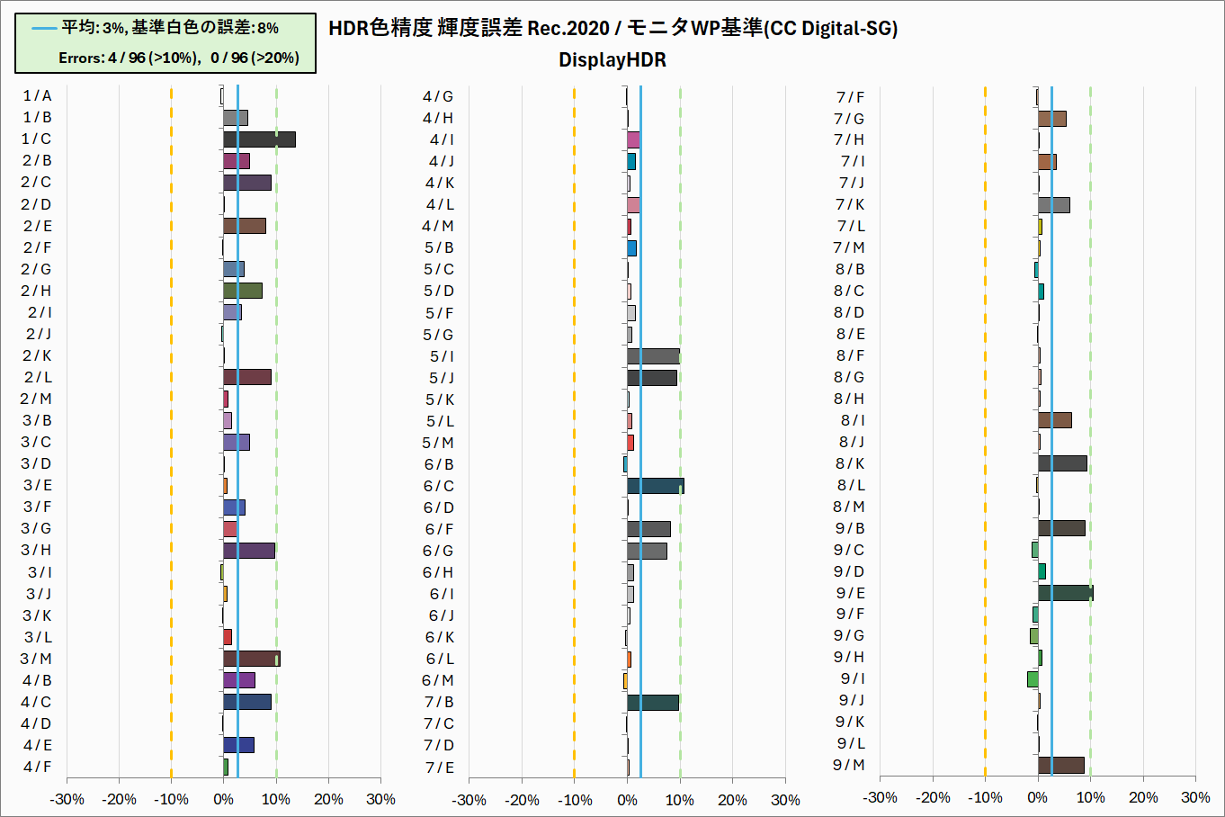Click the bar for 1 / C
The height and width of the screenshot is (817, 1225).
tap(259, 139)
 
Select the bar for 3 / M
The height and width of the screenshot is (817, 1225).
tap(252, 659)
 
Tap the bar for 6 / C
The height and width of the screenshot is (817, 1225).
tap(655, 486)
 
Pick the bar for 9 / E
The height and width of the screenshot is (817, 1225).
tap(1065, 593)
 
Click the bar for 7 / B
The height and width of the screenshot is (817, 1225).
tap(653, 702)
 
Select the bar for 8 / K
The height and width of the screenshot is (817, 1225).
tap(1062, 463)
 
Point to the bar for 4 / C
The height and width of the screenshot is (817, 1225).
tap(247, 702)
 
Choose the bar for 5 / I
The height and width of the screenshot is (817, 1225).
tap(653, 356)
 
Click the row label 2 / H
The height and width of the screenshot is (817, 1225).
tap(37, 291)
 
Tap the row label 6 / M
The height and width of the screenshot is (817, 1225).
tap(438, 680)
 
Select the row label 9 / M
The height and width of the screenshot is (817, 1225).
tap(848, 765)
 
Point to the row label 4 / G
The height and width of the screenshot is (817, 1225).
tap(438, 96)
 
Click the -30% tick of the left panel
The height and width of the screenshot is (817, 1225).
tap(67, 799)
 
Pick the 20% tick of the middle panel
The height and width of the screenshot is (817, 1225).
tap(732, 800)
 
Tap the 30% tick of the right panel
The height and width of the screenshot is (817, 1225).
tap(1194, 797)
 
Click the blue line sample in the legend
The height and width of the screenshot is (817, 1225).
tap(45, 28)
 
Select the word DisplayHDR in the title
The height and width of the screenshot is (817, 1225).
tap(612, 60)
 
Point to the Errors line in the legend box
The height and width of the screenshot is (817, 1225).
tap(178, 58)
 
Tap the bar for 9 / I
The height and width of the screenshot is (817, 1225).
tap(1033, 678)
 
